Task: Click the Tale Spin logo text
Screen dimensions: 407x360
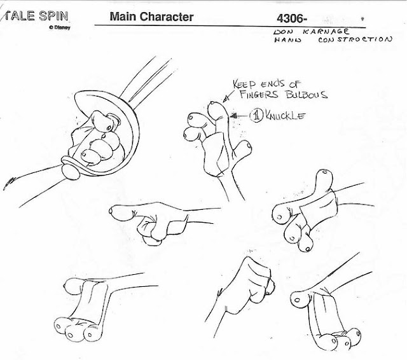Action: coord(36,16)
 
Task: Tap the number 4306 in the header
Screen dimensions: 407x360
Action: coord(290,18)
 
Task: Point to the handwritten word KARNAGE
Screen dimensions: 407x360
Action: coord(326,32)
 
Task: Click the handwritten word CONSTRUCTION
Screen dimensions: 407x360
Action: coord(355,39)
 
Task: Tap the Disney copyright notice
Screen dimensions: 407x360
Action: coord(59,27)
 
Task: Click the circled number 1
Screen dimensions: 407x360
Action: coord(256,115)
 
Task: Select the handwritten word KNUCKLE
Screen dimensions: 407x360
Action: coord(286,115)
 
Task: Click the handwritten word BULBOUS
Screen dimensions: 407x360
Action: coord(307,95)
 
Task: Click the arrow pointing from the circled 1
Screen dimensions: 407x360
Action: coord(239,116)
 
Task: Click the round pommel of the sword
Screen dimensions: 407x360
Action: coord(71,171)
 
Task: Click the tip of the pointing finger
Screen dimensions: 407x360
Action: coord(111,211)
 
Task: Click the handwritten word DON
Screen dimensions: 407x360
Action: coord(284,32)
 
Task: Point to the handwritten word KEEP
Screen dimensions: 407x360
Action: coord(244,84)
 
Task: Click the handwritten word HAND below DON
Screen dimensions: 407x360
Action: coord(288,40)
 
